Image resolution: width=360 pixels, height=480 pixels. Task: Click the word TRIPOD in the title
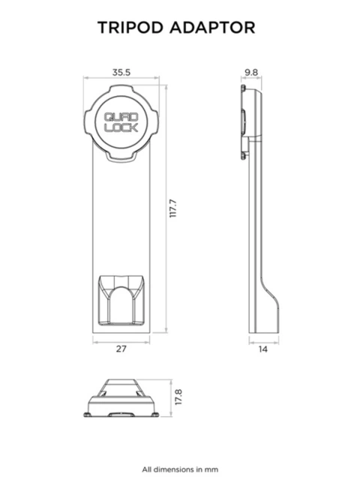point(130,28)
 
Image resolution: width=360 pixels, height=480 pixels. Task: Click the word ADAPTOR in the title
point(212,28)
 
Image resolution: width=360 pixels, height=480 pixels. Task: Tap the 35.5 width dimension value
point(121,73)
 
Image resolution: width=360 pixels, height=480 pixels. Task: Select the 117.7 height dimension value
point(173,208)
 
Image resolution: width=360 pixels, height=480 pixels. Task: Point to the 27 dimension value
point(121,349)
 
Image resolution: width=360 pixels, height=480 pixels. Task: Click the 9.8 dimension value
point(251,73)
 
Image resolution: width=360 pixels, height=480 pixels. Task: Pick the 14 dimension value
point(263,349)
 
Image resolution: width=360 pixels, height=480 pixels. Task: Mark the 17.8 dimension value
point(178,397)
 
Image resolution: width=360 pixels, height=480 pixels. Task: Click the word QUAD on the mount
point(121,117)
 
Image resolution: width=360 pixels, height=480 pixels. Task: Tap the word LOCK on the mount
point(121,127)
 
